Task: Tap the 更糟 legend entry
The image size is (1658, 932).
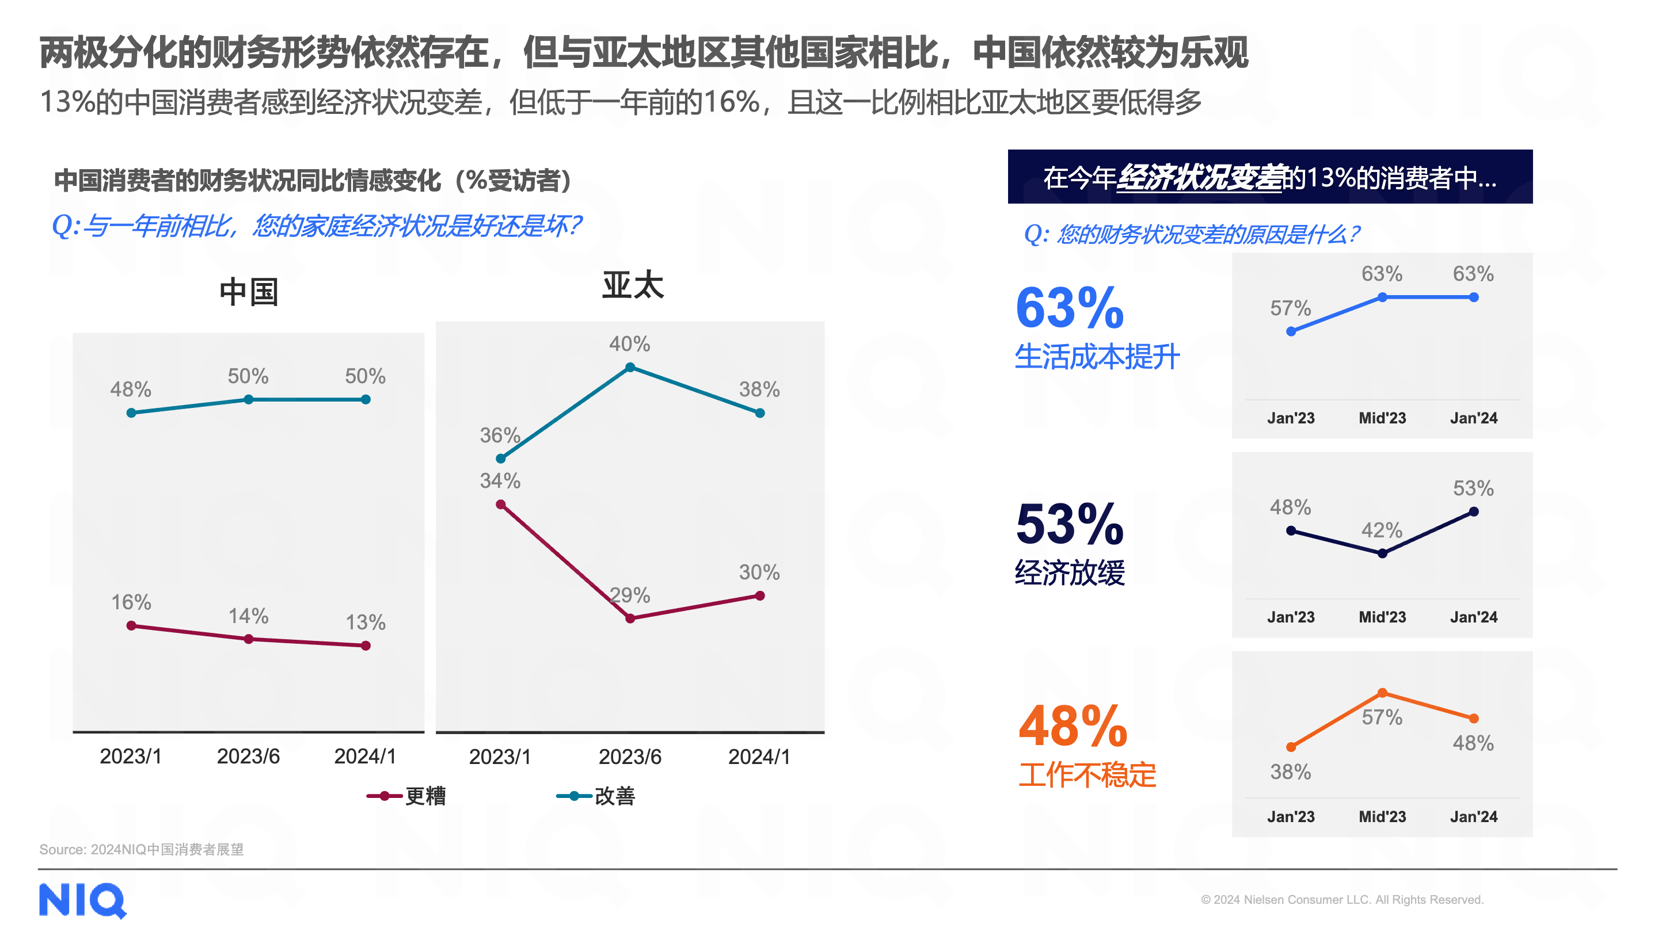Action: tap(407, 796)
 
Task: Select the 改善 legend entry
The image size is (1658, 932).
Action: tap(596, 796)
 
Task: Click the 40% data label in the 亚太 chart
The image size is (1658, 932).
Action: tap(629, 344)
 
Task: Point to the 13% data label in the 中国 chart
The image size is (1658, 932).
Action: tap(366, 622)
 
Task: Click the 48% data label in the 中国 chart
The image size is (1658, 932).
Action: tap(131, 389)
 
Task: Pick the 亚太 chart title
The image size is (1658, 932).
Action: tap(632, 285)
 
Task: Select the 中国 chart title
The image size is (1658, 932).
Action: tap(249, 293)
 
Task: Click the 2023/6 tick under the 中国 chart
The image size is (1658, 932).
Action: tap(249, 757)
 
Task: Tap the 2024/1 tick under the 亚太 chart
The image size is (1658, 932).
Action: tap(759, 757)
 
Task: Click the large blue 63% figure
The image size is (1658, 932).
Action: tap(1069, 308)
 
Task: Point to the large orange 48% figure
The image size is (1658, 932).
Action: tap(1073, 726)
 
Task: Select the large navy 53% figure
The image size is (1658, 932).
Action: tap(1069, 524)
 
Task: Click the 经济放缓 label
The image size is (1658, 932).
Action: tap(1069, 572)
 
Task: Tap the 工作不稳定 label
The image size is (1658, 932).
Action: tap(1087, 774)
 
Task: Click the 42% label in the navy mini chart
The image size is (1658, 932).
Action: tap(1381, 530)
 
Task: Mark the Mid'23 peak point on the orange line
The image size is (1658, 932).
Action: tap(1382, 693)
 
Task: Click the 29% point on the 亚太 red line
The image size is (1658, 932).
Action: tap(630, 618)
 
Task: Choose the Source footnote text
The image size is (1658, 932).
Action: tap(142, 849)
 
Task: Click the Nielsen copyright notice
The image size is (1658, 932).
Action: tap(1341, 899)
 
